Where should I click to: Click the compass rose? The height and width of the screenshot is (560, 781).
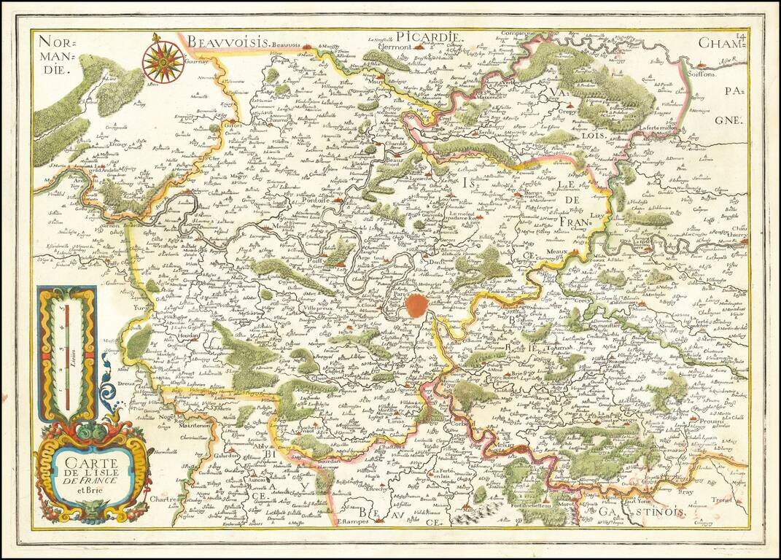click(x=163, y=62)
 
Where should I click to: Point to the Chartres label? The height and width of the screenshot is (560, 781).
click(x=163, y=499)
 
